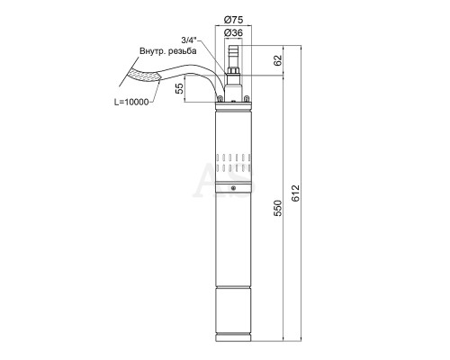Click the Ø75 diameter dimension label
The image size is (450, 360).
pos(233,20)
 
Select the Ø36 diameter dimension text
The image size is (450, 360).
pos(233,32)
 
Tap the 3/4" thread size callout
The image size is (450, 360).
pos(189,40)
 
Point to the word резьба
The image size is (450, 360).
pos(183,51)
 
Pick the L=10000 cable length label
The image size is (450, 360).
pos(131,102)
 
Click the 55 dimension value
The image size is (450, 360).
pos(179,89)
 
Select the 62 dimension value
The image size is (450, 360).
pos(278,60)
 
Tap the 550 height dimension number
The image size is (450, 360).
pos(278,208)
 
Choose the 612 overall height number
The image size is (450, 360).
pos(295,193)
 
